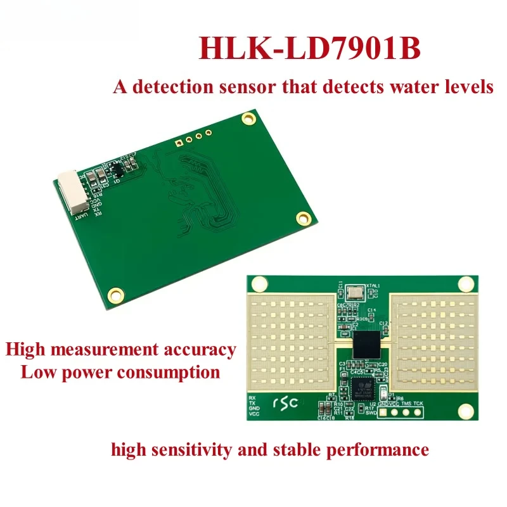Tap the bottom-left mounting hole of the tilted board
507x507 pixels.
[115, 293]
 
